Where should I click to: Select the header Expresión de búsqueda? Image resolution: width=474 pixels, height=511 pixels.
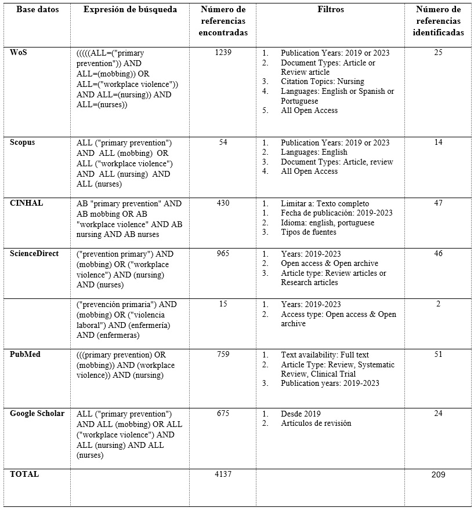[130, 10]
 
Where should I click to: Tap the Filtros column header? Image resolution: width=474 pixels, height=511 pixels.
[330, 10]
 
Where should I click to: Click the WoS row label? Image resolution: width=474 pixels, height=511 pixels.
[19, 53]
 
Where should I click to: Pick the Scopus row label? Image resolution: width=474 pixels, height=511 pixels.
[23, 143]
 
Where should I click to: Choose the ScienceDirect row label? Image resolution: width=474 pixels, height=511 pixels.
[34, 254]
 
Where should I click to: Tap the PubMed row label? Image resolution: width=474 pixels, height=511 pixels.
[25, 355]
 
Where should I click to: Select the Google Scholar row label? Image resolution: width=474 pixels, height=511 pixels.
[37, 414]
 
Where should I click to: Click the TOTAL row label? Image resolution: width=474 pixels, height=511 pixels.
[24, 474]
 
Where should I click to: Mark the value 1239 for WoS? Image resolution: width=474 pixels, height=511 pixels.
[223, 53]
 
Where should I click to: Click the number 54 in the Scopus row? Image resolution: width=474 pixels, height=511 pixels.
[223, 143]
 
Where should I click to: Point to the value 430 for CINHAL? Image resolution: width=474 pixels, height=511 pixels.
[223, 203]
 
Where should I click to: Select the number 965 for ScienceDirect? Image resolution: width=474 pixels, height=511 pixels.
[223, 254]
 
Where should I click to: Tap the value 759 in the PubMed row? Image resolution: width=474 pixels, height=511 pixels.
[223, 355]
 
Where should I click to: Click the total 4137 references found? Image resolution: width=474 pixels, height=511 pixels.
[223, 475]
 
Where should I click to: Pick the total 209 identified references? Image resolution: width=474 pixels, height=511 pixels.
[438, 475]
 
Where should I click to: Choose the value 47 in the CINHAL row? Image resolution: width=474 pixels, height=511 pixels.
[438, 203]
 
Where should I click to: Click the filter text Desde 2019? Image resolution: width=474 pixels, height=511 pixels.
[301, 414]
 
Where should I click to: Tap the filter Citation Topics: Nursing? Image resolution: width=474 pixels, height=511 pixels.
[323, 82]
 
